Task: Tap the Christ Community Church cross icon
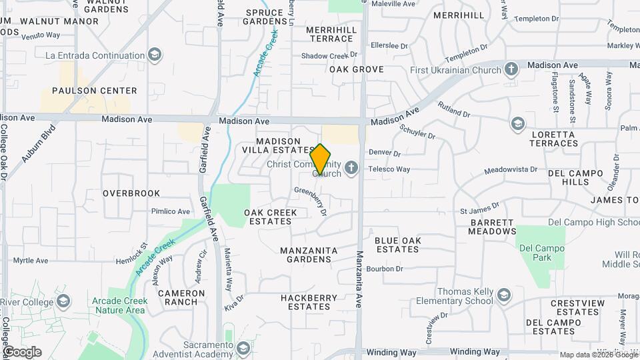[352, 167]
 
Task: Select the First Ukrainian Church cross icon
[511, 69]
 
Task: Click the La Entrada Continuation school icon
[155, 55]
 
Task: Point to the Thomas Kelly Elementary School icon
[504, 295]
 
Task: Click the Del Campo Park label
[541, 253]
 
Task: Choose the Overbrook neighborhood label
[131, 193]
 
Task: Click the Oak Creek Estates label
[270, 217]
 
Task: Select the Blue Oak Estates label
[397, 245]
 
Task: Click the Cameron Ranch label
[181, 297]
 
